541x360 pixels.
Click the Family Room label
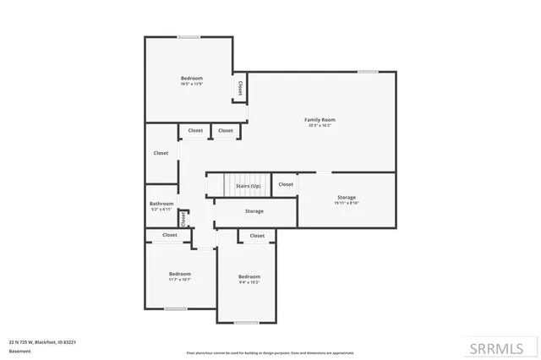[x=320, y=120]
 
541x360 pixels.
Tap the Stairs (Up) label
[x=249, y=185]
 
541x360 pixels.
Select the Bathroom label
[x=161, y=204]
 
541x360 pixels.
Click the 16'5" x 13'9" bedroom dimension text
[x=192, y=84]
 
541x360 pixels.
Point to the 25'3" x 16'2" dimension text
[x=320, y=125]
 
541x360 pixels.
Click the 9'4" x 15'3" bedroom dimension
[x=249, y=282]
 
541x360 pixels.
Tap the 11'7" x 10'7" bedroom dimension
[x=179, y=279]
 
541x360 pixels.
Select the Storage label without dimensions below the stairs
[x=254, y=211]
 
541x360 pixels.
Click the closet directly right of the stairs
[x=286, y=184]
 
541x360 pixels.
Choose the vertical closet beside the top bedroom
[x=240, y=88]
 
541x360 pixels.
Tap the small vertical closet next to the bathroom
[x=183, y=218]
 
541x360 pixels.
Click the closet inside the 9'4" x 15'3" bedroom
[x=257, y=236]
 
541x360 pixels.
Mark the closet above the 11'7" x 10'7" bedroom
[x=170, y=235]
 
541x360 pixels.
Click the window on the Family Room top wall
[x=367, y=72]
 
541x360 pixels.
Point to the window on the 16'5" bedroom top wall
[x=189, y=36]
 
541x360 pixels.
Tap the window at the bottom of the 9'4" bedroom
[x=246, y=323]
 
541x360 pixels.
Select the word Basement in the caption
[x=19, y=351]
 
